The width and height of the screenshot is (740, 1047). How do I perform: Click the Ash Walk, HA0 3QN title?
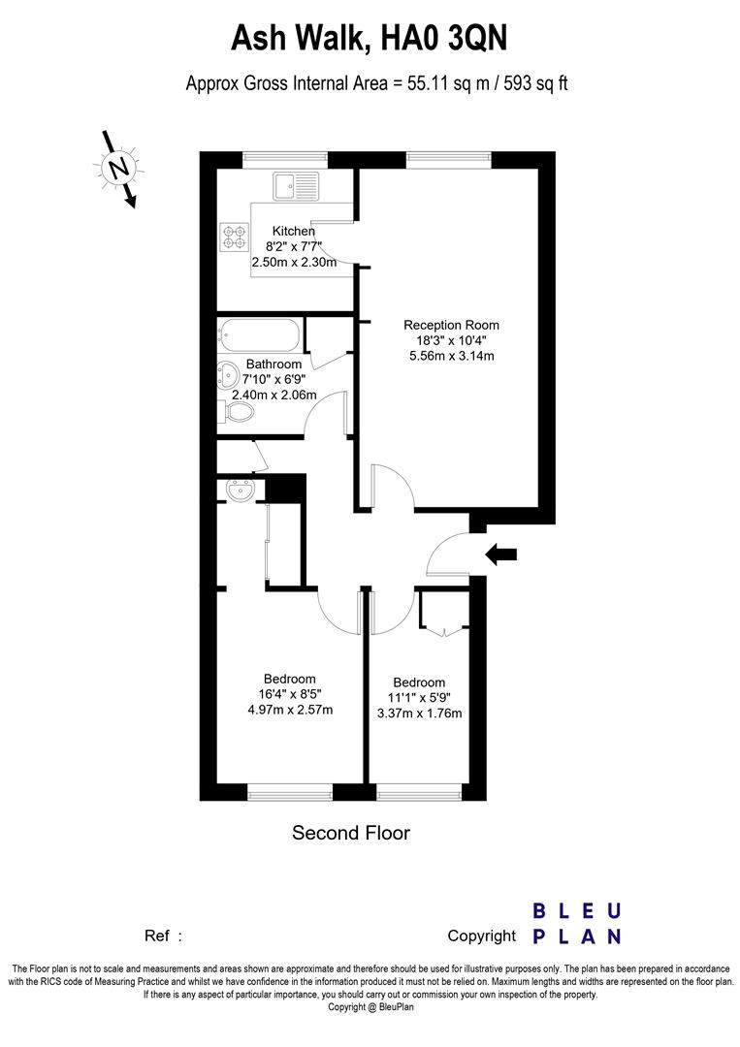369,40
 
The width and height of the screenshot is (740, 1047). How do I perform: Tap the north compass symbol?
119,169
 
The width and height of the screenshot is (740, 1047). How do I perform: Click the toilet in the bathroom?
239,412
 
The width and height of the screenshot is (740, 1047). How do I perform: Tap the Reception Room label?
451,325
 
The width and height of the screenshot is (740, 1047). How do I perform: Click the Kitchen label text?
293,231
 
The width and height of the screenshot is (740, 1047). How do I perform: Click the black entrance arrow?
501,555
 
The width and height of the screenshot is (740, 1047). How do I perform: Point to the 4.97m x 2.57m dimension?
290,710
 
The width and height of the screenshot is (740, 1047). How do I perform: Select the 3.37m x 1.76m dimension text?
419,714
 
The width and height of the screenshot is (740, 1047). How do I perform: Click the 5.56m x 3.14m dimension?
451,356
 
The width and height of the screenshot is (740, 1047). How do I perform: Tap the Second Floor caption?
351,833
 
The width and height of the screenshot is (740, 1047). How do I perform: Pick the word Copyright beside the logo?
481,936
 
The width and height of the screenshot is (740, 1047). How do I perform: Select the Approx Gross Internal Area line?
376,83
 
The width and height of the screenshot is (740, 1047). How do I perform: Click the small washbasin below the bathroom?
239,492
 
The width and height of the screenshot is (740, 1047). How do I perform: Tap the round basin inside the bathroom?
228,374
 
